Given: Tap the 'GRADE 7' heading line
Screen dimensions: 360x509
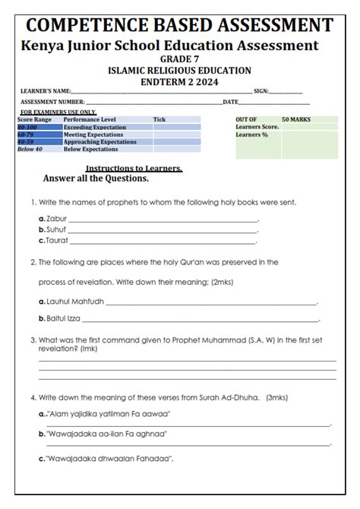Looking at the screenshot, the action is tap(178, 59).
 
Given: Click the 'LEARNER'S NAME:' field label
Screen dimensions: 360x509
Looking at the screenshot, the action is tap(46, 91).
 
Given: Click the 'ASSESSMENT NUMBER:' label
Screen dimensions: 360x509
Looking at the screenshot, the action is tap(52, 102).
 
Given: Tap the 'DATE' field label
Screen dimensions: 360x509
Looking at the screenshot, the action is tap(231, 102).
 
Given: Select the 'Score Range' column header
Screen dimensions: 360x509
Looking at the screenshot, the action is tap(35, 120).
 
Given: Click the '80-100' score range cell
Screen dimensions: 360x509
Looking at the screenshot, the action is tap(27, 128).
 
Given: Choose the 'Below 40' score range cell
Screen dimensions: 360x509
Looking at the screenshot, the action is tap(30, 150).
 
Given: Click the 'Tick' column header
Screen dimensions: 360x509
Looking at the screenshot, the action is tap(159, 120).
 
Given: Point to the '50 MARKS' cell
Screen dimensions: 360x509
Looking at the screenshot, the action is tap(295, 120).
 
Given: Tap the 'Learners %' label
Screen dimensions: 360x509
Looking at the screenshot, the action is tap(252, 134).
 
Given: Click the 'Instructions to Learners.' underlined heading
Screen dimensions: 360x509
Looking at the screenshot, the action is tap(134, 168).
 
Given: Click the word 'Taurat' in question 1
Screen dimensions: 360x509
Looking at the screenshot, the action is tap(57, 240).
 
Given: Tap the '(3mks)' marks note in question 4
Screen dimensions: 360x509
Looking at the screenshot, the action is tap(277, 397).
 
